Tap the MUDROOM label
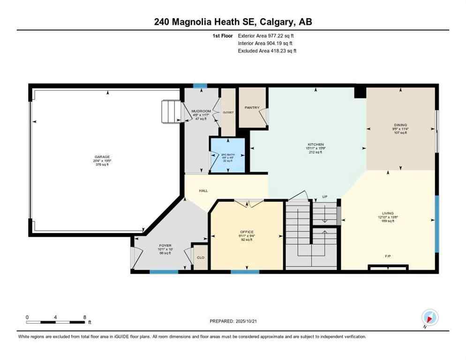202,111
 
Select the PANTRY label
252,107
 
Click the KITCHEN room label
316,144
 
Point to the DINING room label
401,126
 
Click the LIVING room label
388,213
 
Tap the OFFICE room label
247,232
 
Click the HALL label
203,190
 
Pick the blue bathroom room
227,156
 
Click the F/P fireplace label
388,256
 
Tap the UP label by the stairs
324,196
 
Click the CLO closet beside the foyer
201,257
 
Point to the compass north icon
429,316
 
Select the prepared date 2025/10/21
233,321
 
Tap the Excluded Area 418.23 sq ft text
267,51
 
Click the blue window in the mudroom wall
200,86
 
